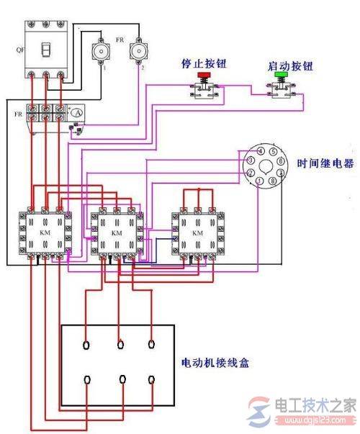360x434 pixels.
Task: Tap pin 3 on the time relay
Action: [x=249, y=162]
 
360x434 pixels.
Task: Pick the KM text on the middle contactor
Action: [x=117, y=233]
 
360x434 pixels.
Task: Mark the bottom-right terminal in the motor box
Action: [x=151, y=379]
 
